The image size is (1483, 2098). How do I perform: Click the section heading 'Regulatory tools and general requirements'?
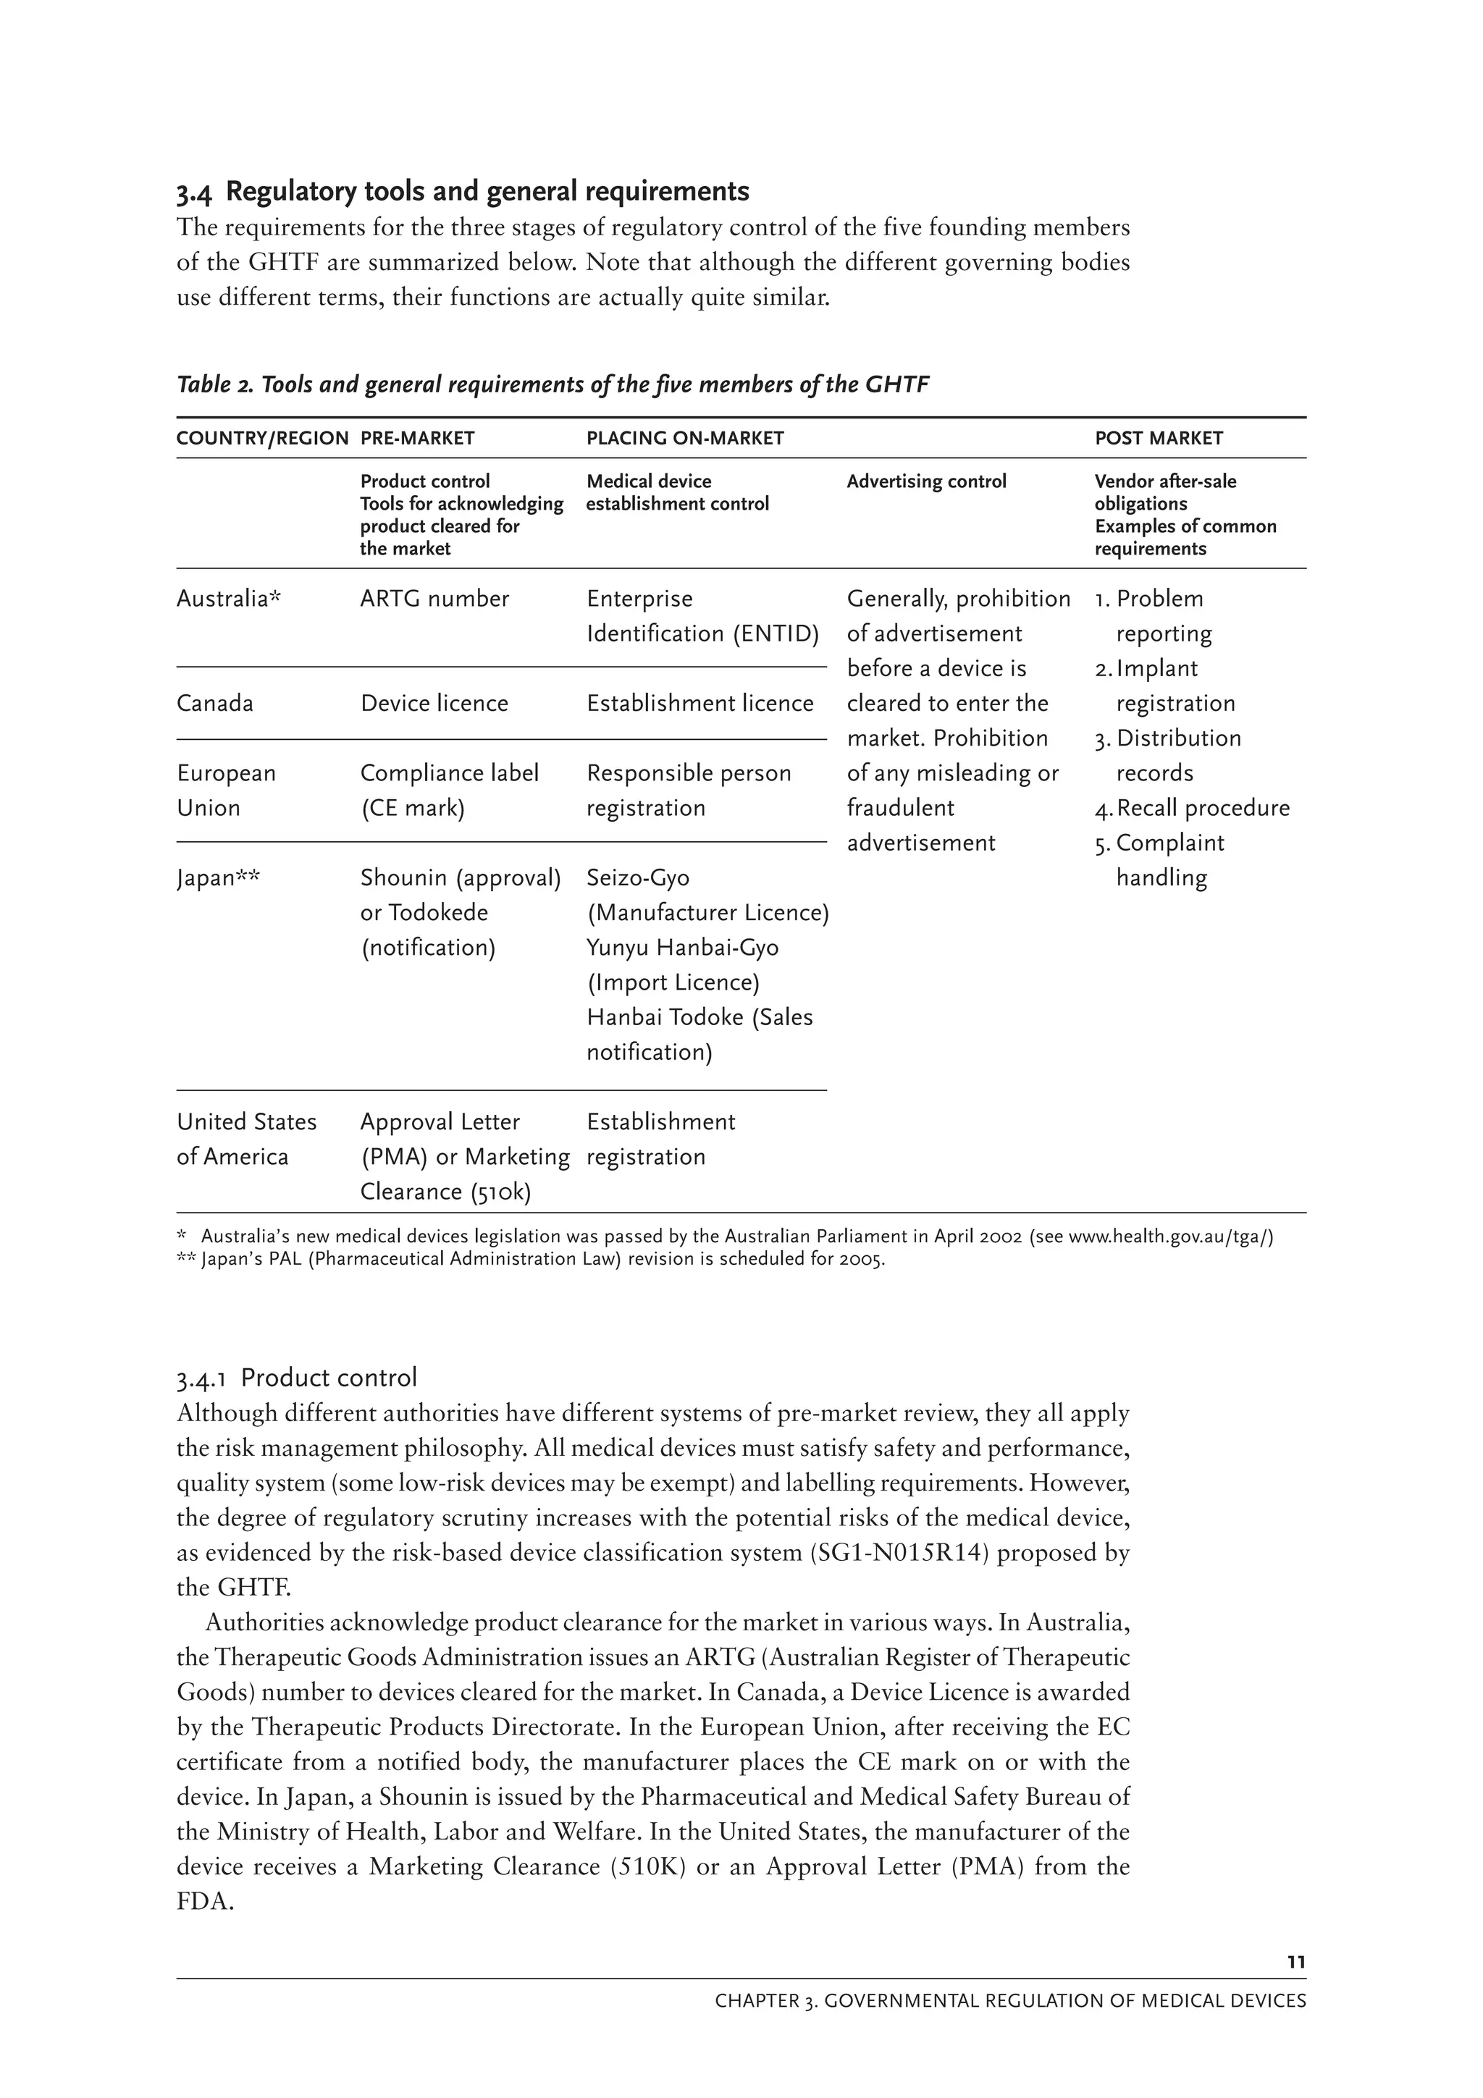click(x=487, y=192)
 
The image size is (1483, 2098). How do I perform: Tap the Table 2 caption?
click(x=552, y=384)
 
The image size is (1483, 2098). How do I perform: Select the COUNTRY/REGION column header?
click(x=262, y=439)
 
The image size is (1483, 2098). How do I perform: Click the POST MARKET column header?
click(x=1158, y=439)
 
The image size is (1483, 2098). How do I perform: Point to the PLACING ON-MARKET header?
click(x=684, y=439)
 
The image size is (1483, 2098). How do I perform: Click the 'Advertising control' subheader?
click(x=925, y=481)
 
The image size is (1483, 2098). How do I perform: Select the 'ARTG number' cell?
click(x=434, y=599)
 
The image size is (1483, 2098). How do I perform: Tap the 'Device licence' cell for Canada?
click(x=434, y=704)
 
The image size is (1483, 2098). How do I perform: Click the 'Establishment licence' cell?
click(x=699, y=704)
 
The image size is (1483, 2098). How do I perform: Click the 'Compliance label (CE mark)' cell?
click(x=449, y=791)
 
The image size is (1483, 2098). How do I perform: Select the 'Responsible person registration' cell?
click(x=688, y=791)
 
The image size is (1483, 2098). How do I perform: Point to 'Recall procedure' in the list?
click(x=1203, y=809)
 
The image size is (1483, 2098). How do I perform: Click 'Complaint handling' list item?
click(x=1169, y=861)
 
